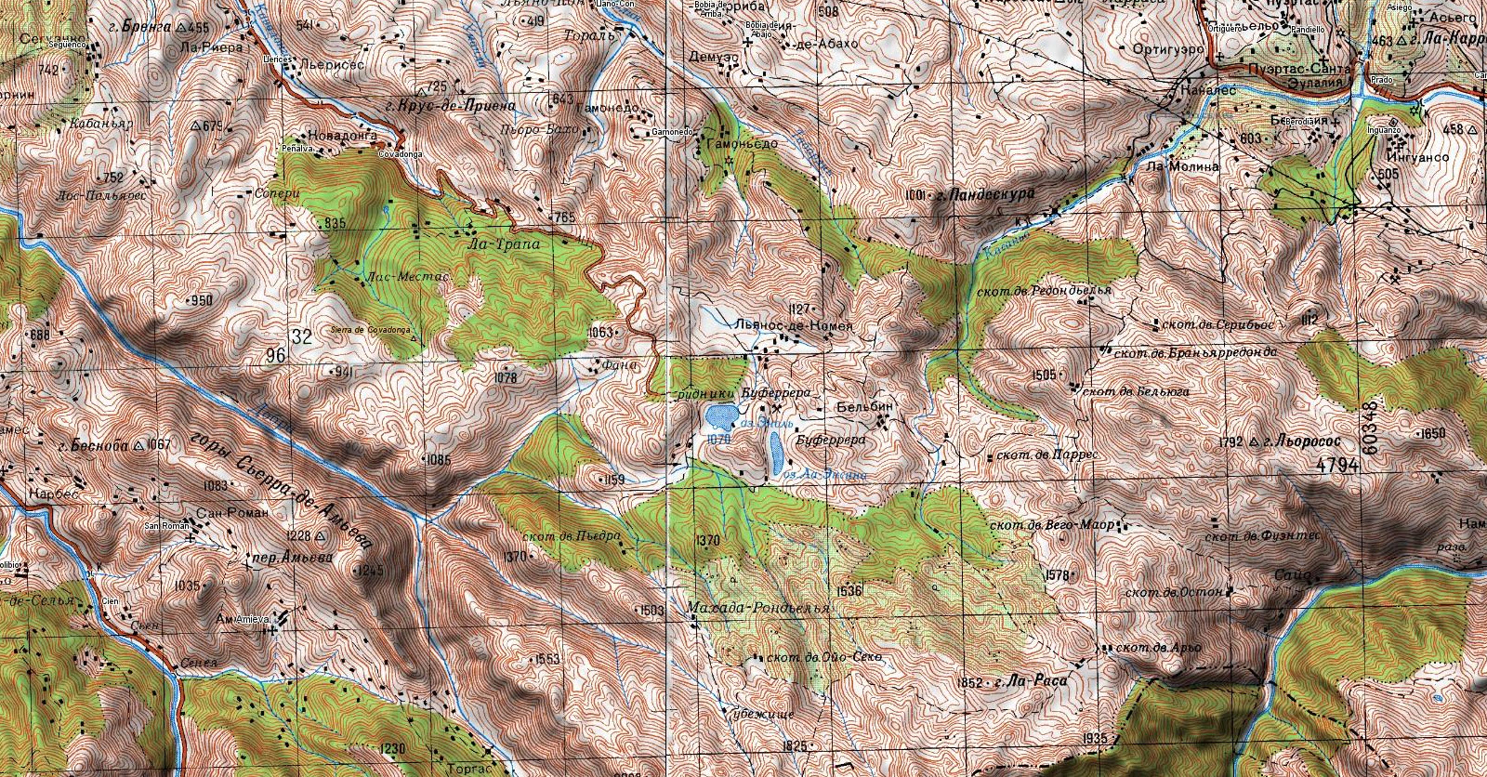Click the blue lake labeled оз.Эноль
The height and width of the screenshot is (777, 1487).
click(x=720, y=414)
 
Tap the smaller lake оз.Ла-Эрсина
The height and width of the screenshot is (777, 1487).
click(x=773, y=453)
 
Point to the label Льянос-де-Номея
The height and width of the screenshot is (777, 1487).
click(x=792, y=326)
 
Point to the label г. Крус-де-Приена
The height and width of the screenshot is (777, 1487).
click(x=450, y=106)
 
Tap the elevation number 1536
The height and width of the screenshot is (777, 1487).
click(x=849, y=591)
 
